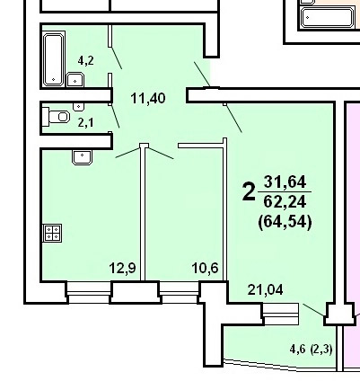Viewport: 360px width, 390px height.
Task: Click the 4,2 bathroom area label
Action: [85, 61]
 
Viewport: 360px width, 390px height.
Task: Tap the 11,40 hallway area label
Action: [148, 98]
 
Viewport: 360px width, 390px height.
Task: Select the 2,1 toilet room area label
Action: [85, 122]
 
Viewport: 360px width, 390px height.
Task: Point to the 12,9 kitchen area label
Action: [123, 268]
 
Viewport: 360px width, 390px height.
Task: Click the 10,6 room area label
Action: [206, 268]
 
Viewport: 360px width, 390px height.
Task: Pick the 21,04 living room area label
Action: [266, 289]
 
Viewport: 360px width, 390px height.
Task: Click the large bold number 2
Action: [249, 192]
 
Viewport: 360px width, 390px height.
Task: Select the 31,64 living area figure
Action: [285, 182]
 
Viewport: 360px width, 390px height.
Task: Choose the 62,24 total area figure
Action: [285, 201]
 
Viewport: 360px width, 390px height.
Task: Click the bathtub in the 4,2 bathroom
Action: [54, 59]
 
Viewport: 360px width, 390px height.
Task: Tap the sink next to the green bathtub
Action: [75, 80]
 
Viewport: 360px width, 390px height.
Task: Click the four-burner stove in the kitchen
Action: [52, 233]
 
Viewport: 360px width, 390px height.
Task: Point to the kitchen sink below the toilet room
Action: [82, 157]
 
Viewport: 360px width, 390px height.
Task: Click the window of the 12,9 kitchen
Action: [89, 292]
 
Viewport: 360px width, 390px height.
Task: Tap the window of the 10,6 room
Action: [179, 292]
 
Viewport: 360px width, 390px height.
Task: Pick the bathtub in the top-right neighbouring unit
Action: [327, 18]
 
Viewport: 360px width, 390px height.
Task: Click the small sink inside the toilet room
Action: [79, 106]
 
